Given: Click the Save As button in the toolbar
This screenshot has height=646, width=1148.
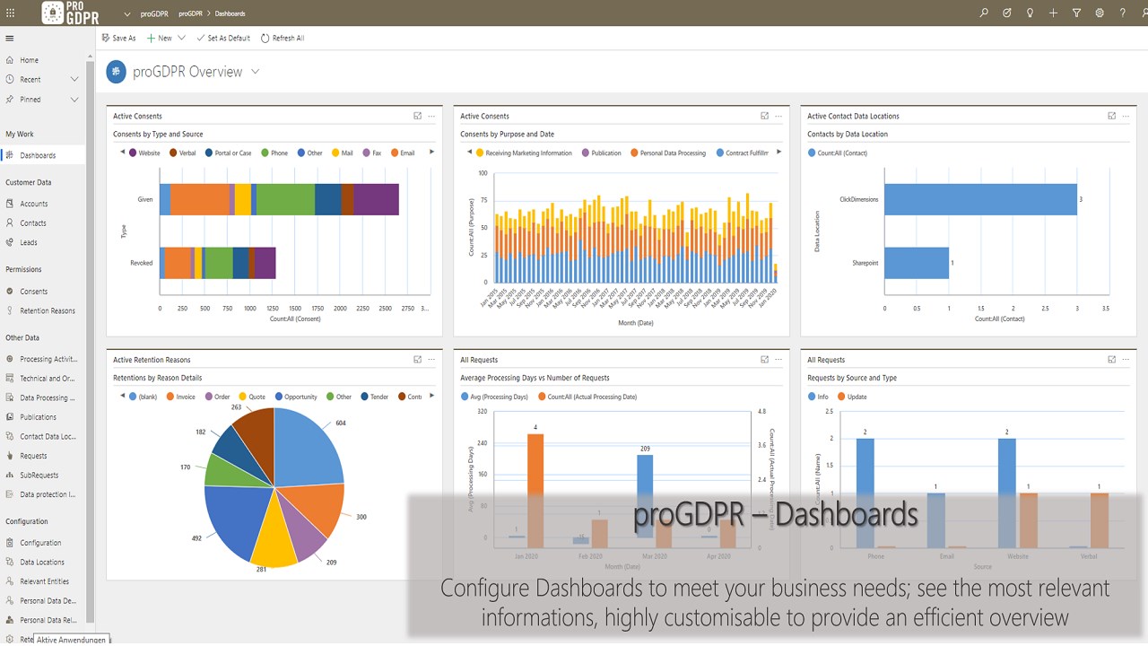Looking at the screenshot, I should click(118, 39).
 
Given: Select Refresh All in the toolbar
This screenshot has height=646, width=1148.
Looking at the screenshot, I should click(283, 39).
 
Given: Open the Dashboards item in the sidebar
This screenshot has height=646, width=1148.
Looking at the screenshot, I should click(38, 155).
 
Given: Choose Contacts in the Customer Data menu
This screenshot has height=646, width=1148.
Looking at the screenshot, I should click(33, 223).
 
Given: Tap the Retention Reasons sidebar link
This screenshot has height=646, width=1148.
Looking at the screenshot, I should click(48, 311).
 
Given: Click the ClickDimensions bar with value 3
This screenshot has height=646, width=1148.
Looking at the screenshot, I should click(980, 199).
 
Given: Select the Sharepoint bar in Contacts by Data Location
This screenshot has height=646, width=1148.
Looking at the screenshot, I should click(916, 263).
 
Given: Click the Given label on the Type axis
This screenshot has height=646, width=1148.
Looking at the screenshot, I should click(145, 199).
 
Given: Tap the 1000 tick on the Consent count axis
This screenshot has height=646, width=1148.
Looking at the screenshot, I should click(249, 309).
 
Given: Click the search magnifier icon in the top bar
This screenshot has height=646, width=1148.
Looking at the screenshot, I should click(984, 13).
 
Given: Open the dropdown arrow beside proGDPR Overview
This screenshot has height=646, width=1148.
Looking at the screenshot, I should click(256, 72).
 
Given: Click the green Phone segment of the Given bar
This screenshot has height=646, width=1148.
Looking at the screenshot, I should click(285, 199).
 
